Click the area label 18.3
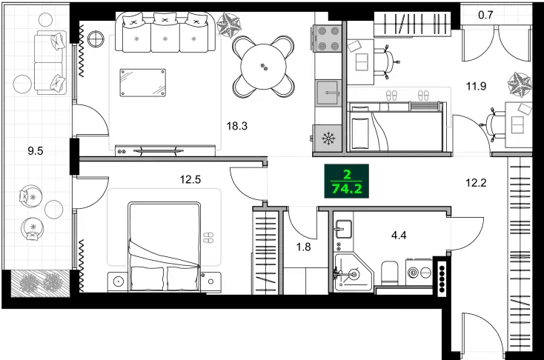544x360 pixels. click(x=236, y=126)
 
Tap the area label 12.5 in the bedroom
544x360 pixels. click(x=190, y=179)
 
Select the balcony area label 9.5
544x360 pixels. click(x=36, y=150)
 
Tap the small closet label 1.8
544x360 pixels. click(x=304, y=247)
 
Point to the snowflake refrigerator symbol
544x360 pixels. click(x=328, y=138)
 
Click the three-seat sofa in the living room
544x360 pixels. click(x=164, y=33)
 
